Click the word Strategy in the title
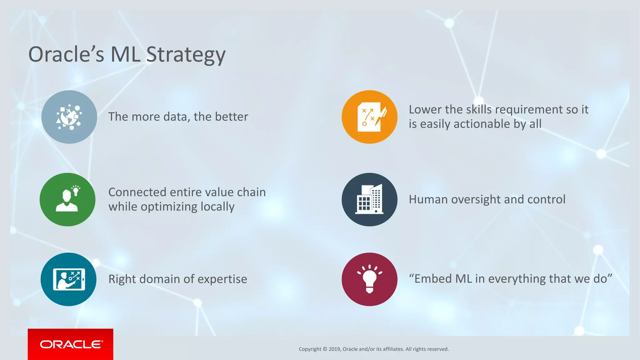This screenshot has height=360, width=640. tap(186, 55)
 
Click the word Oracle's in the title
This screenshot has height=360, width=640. tap(66, 54)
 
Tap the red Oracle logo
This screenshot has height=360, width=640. tap(71, 344)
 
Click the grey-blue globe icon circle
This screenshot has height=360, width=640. tap(69, 117)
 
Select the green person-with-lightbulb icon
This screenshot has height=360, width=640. tap(67, 199)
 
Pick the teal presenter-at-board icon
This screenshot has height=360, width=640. tap(68, 279)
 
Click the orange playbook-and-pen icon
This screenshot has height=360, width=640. tap(369, 117)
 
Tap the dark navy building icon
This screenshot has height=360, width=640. tap(369, 199)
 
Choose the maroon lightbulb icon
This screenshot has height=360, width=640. tap(369, 279)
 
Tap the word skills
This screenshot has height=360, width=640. tap(479, 110)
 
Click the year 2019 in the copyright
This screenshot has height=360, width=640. tap(334, 349)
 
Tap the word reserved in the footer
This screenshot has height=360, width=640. tap(437, 349)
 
